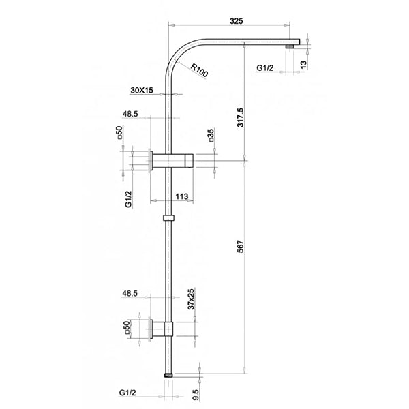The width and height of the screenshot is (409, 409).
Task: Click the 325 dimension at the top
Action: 236,21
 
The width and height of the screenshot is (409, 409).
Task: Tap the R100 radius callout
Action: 199,70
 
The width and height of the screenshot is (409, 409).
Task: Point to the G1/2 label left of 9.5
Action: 127,393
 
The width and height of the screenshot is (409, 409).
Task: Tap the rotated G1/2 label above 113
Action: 127,200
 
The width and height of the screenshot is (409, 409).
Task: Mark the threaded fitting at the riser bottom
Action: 169,374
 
